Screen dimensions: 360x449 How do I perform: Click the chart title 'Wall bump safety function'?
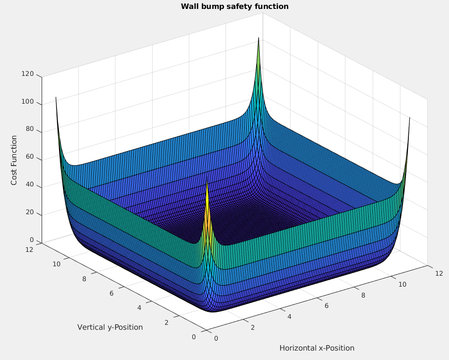coord(234,6)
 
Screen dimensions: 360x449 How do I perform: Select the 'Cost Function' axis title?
coord(14,160)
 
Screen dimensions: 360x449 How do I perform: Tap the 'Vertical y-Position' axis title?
coord(110,327)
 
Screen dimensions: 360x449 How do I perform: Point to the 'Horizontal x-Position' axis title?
coord(317,348)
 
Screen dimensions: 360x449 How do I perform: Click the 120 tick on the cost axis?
coord(28,74)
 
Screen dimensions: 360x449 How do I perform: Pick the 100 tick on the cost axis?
coord(28,102)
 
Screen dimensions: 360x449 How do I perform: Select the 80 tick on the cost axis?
coord(30,130)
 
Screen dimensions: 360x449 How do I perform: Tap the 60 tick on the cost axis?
coord(30,158)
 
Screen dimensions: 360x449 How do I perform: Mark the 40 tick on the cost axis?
coord(30,185)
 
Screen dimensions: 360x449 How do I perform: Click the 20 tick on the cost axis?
coord(30,213)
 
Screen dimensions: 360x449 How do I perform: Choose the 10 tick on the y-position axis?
coord(56,264)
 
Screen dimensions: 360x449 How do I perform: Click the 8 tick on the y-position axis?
coord(85,279)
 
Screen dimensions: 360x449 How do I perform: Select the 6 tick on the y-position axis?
coord(112,293)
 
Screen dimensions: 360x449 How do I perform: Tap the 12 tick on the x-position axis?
coord(438,273)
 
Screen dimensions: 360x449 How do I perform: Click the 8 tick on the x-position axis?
coord(364,295)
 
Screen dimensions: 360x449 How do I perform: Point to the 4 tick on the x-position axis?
coord(289,317)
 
